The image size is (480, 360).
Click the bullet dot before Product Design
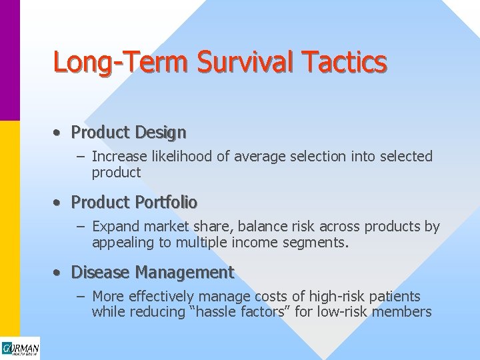[59, 133]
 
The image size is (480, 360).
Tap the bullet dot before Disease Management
[59, 273]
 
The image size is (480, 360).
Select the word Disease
[100, 273]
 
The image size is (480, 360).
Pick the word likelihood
[169, 157]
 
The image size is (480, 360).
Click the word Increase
[115, 157]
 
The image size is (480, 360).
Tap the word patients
[396, 296]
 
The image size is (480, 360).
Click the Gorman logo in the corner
[20, 349]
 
